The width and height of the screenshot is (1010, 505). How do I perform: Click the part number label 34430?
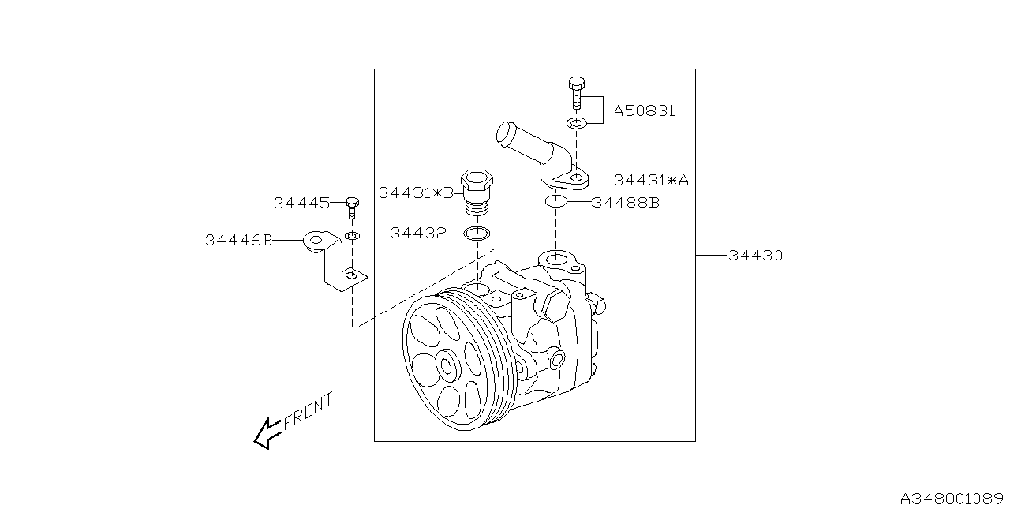click(756, 256)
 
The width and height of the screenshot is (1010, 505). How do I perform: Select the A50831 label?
click(644, 111)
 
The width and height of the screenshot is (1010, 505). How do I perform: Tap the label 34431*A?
click(650, 180)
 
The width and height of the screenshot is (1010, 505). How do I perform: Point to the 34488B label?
click(626, 202)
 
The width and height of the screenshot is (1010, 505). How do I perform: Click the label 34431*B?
click(416, 193)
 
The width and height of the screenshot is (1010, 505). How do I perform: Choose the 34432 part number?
click(417, 234)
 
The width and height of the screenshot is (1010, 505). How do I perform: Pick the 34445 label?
click(301, 203)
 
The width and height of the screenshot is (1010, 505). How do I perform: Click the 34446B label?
click(238, 240)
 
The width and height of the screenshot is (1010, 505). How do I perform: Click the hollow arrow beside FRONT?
click(267, 432)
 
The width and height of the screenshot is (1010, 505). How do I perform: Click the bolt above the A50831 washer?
click(576, 93)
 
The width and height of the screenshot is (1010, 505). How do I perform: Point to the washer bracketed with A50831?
click(577, 123)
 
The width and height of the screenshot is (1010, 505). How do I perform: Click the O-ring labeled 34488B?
click(556, 202)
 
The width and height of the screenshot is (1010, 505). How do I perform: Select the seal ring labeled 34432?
click(477, 234)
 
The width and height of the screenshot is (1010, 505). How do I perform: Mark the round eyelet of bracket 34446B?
click(317, 239)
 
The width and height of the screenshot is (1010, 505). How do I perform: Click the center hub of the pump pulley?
click(447, 366)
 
